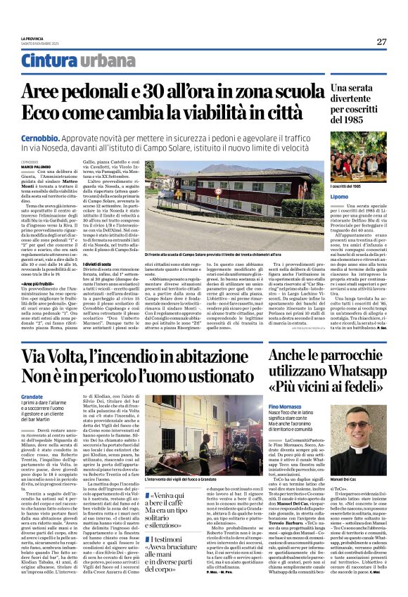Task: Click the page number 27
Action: (381, 42)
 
